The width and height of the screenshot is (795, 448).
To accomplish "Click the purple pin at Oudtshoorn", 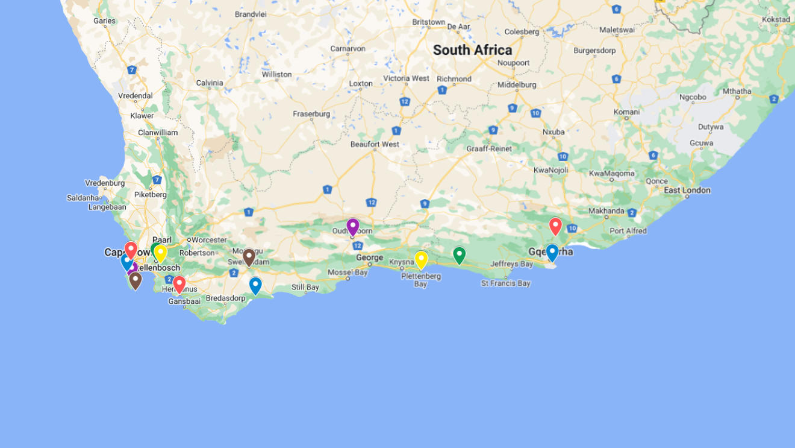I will point(353,227).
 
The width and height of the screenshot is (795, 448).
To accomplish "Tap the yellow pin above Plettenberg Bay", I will point(422,259).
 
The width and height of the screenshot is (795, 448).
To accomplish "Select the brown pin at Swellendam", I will point(249,257).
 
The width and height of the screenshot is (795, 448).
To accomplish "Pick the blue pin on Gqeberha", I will point(552,252).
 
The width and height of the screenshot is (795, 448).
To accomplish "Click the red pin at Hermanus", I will point(179,284).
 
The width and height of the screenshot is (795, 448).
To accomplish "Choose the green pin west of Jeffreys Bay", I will point(460,255).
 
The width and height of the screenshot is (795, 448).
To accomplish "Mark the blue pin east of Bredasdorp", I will point(255,285).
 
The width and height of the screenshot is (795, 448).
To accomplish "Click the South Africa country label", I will point(472,50).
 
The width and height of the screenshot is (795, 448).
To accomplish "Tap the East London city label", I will point(687,191).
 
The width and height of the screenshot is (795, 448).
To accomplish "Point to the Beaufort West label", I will point(375,145).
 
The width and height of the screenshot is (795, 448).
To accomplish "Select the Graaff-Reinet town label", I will point(489,149).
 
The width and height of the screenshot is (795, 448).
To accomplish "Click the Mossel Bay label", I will point(348,273).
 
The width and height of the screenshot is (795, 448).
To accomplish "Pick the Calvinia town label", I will point(210,83).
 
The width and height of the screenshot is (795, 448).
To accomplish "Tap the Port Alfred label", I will point(628,231).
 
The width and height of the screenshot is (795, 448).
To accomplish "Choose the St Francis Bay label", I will point(505,283).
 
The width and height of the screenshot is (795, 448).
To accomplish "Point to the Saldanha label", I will point(83,198).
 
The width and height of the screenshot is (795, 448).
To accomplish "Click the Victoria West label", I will point(406,78).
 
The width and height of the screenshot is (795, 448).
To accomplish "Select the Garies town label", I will point(104,21).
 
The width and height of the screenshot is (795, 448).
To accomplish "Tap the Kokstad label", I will point(776,20).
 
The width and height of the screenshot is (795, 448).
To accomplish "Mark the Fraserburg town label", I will point(311,114).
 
